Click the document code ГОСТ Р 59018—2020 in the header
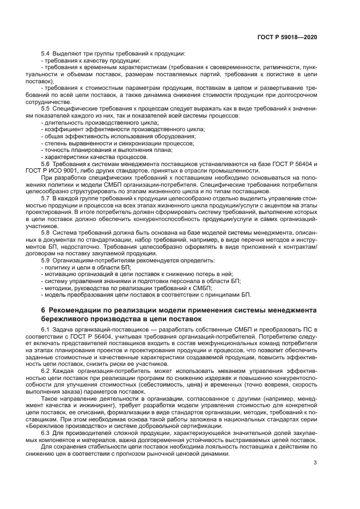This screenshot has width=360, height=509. (287, 36)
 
